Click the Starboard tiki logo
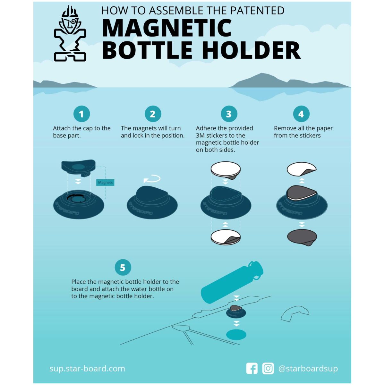(x=70, y=34)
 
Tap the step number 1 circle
(x=81, y=114)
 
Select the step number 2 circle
(x=153, y=114)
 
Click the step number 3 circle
(x=229, y=114)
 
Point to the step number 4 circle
(x=301, y=114)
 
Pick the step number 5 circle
(x=123, y=267)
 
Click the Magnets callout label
(x=106, y=183)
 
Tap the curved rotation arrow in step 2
(x=152, y=179)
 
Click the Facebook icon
(x=252, y=368)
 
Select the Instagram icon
(x=268, y=368)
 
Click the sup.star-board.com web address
(x=87, y=368)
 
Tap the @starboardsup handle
(x=308, y=369)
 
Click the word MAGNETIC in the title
(x=167, y=28)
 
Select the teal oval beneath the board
(x=236, y=335)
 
